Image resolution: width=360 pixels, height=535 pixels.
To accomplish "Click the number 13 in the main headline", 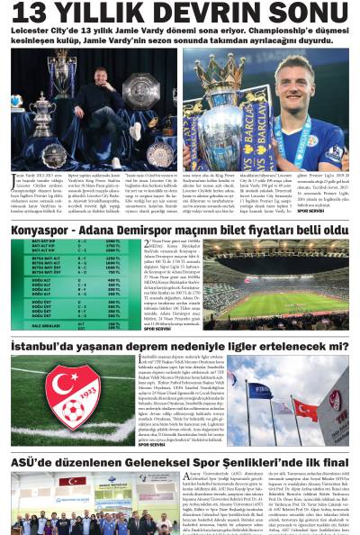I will [30, 13].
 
